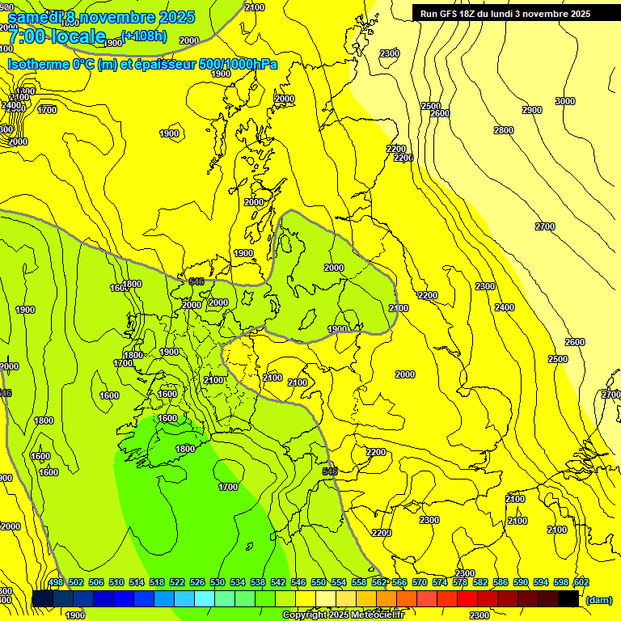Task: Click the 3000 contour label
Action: point(565,101)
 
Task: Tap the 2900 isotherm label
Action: point(531,110)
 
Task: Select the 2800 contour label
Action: point(503,130)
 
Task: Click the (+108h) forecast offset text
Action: point(144,35)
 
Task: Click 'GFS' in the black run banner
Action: point(451,14)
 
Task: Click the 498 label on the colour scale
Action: point(56,582)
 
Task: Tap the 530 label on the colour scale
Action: point(218,582)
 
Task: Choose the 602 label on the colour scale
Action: point(581,582)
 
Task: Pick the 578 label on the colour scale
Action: point(459,582)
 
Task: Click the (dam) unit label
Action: point(599,599)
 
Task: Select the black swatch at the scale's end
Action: point(568,598)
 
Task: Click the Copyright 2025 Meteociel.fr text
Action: point(343,615)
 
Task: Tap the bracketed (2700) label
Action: point(610,395)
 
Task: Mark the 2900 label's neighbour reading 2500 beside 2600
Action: point(430,106)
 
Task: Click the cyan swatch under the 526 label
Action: point(205,598)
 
